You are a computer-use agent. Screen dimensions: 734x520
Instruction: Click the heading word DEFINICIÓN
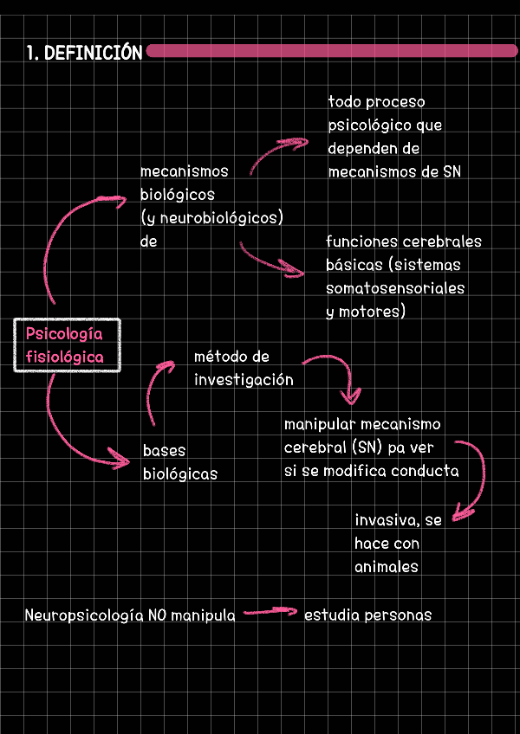pyautogui.click(x=93, y=54)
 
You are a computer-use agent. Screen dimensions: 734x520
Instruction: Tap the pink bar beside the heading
pyautogui.click(x=332, y=51)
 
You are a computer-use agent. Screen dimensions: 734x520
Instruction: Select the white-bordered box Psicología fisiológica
pyautogui.click(x=67, y=344)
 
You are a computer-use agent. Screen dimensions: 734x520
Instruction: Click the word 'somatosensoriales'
pyautogui.click(x=395, y=288)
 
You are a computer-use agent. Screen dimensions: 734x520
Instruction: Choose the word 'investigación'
pyautogui.click(x=244, y=380)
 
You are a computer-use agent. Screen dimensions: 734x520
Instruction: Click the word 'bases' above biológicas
pyautogui.click(x=164, y=451)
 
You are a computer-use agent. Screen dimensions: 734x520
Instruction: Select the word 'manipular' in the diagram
pyautogui.click(x=315, y=425)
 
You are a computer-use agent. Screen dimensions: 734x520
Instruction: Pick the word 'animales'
pyautogui.click(x=387, y=568)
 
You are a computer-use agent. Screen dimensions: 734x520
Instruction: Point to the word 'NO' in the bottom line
pyautogui.click(x=157, y=616)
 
